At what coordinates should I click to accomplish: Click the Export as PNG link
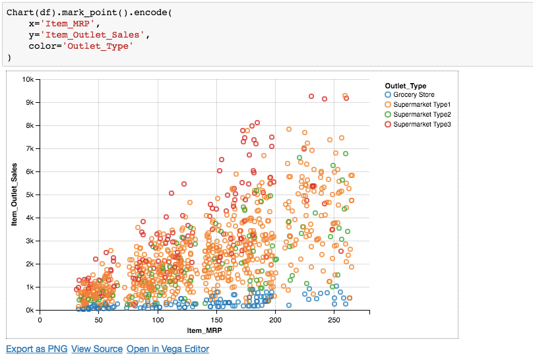coord(36,349)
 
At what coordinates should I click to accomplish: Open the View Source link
coord(97,349)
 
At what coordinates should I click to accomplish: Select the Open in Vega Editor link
coord(168,349)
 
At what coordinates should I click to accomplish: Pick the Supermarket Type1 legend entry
coord(421,105)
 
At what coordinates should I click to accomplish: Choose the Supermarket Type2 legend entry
coord(421,115)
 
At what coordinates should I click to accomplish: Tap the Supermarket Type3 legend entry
coord(421,125)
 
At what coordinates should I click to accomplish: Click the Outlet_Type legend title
coord(405,86)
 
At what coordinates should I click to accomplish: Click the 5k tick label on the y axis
coord(30,195)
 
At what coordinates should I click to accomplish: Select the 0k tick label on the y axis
coord(30,310)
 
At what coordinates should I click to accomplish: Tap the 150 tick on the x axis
coord(216,319)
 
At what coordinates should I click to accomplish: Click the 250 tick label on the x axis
coord(334,319)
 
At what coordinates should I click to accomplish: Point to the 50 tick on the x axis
coord(98,319)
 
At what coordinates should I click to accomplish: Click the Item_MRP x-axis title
coord(204,329)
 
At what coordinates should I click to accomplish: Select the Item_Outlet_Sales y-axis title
coord(14,195)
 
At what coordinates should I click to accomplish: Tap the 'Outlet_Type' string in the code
coord(98,46)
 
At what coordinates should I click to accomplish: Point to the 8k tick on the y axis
coord(30,125)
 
